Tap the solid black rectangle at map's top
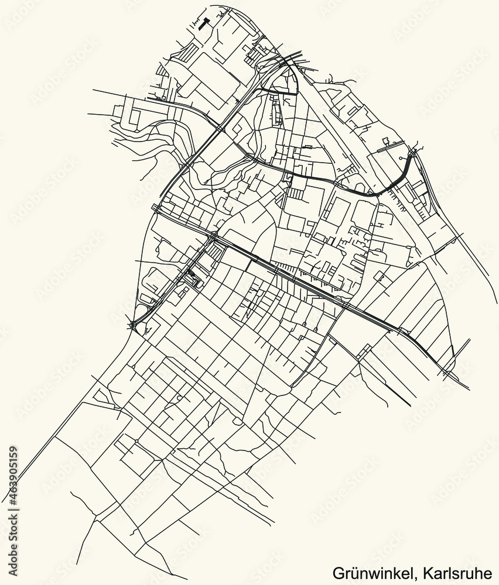(x=203, y=23)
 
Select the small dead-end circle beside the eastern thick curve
(x=400, y=159)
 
